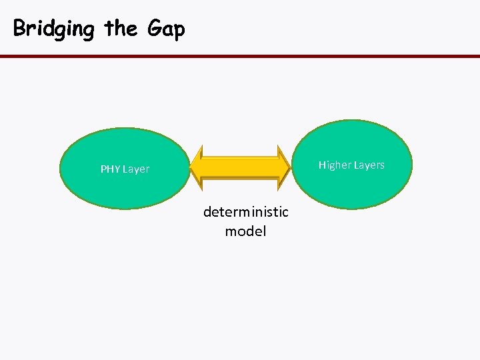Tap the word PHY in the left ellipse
(x=110, y=169)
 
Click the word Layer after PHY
(x=136, y=169)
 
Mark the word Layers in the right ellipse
(x=369, y=165)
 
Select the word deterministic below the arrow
(x=245, y=212)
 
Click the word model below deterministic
(x=245, y=231)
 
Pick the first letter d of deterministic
(x=207, y=212)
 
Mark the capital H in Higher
(x=322, y=165)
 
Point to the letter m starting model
(x=231, y=232)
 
